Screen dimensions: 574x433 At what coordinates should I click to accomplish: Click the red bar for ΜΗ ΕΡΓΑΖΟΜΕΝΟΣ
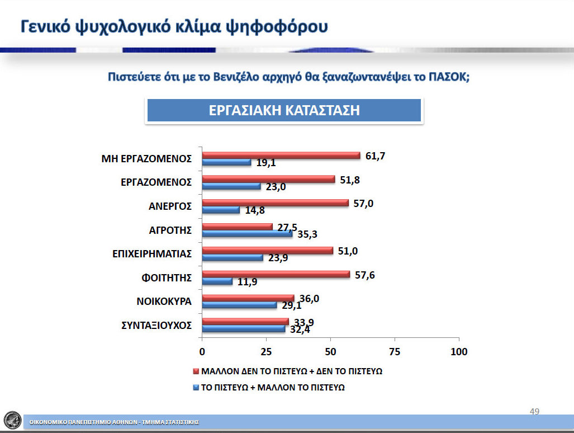pyautogui.click(x=281, y=156)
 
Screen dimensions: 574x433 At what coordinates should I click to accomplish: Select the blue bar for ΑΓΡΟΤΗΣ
pyautogui.click(x=247, y=234)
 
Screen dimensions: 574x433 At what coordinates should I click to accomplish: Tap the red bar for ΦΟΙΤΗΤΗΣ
pyautogui.click(x=276, y=274)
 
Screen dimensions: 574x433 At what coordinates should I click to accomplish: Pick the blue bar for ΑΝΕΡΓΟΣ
pyautogui.click(x=221, y=210)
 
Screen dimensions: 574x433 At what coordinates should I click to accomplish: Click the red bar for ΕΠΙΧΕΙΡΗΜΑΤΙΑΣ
pyautogui.click(x=268, y=251)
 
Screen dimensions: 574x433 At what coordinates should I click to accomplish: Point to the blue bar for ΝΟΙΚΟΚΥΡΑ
pyautogui.click(x=239, y=305)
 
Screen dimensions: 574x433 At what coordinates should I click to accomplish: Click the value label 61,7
pyautogui.click(x=375, y=156)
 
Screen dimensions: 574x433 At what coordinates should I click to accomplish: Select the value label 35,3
pyautogui.click(x=307, y=234)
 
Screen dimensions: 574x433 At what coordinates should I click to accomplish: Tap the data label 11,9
pyautogui.click(x=247, y=282)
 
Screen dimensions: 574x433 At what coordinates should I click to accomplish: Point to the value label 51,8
pyautogui.click(x=350, y=180)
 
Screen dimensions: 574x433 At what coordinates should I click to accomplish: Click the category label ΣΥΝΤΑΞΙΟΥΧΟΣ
pyautogui.click(x=156, y=325)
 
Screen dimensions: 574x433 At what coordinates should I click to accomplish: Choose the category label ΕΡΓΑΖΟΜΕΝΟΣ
pyautogui.click(x=156, y=182)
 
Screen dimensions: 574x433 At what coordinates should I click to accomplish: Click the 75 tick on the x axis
pyautogui.click(x=395, y=352)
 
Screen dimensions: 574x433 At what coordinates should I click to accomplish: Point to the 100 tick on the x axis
pyautogui.click(x=459, y=352)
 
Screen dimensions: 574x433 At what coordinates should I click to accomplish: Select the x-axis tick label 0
pyautogui.click(x=202, y=352)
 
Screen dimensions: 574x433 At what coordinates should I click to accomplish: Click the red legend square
pyautogui.click(x=196, y=371)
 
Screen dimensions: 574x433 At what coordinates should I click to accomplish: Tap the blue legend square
pyautogui.click(x=196, y=388)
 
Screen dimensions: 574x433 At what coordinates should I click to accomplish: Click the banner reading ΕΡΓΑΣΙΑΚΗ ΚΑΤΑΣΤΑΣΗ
pyautogui.click(x=284, y=110)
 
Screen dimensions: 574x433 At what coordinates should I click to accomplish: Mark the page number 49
pyautogui.click(x=534, y=411)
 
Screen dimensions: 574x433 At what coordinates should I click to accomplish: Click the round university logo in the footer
pyautogui.click(x=12, y=420)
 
